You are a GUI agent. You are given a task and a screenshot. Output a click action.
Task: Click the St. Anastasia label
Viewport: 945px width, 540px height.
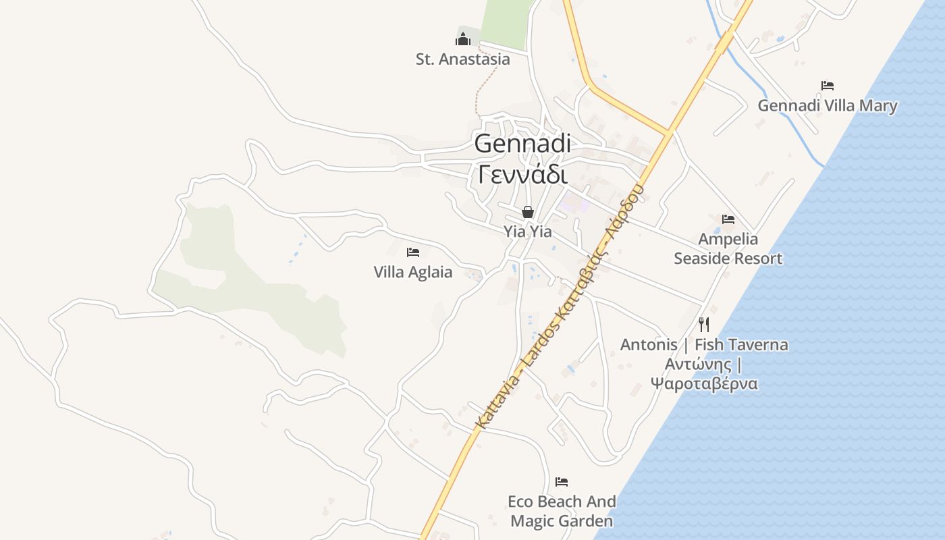pyautogui.click(x=462, y=59)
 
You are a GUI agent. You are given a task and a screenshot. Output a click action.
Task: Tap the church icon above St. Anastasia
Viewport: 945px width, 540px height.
pyautogui.click(x=462, y=39)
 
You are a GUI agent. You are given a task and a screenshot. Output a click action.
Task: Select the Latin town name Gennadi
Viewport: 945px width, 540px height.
pyautogui.click(x=522, y=144)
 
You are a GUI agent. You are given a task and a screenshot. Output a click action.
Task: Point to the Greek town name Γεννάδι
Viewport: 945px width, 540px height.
pyautogui.click(x=522, y=174)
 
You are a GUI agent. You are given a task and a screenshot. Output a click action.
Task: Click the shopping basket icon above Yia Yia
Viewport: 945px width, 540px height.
pyautogui.click(x=528, y=212)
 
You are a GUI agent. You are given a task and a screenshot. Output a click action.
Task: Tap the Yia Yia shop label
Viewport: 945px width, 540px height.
pyautogui.click(x=528, y=232)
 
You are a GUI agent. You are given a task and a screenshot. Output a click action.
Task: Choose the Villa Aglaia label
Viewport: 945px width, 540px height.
pyautogui.click(x=413, y=273)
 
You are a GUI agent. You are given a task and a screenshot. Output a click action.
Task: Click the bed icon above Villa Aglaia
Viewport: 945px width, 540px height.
pyautogui.click(x=413, y=252)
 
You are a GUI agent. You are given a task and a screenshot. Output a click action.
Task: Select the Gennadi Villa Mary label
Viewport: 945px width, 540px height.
pyautogui.click(x=828, y=106)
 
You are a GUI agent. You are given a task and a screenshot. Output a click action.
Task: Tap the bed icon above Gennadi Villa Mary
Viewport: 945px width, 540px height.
pyautogui.click(x=828, y=86)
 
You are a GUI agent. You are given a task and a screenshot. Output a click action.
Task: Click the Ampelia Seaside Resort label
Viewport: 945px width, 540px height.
pyautogui.click(x=728, y=248)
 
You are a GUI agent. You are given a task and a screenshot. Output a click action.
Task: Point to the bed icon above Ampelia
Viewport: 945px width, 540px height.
pyautogui.click(x=728, y=219)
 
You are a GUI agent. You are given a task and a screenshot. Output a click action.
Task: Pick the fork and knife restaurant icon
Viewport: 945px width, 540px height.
pyautogui.click(x=704, y=325)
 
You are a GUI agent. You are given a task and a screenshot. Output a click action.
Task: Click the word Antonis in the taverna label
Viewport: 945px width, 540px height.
pyautogui.click(x=649, y=345)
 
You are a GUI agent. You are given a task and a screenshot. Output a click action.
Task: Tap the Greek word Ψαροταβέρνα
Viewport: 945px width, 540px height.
pyautogui.click(x=704, y=384)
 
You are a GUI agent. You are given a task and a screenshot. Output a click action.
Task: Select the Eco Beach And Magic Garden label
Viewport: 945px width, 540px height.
pyautogui.click(x=562, y=511)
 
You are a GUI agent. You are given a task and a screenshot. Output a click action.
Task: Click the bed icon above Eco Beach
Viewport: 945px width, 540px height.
pyautogui.click(x=562, y=482)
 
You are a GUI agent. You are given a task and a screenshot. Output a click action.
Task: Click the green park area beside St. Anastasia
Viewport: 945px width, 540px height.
pyautogui.click(x=506, y=24)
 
